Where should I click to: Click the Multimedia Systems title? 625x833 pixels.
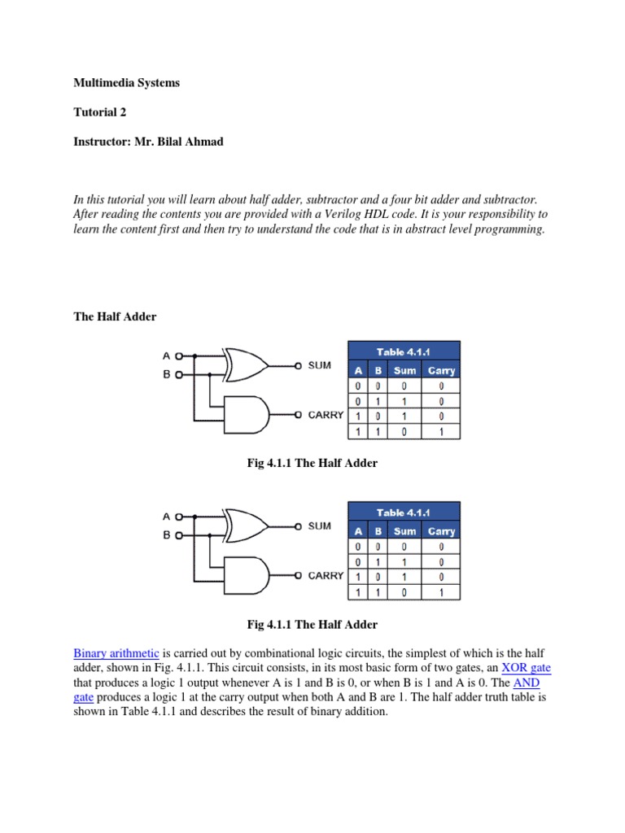(x=126, y=83)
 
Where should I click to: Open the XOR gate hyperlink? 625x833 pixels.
(x=526, y=668)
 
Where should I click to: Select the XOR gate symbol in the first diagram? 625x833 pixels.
(x=246, y=364)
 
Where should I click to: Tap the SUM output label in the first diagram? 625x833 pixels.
(x=320, y=365)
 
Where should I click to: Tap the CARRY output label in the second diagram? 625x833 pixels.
(x=326, y=575)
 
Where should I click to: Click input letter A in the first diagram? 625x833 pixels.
(x=167, y=355)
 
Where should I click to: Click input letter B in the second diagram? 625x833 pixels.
(x=167, y=535)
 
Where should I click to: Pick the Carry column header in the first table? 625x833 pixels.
(x=441, y=370)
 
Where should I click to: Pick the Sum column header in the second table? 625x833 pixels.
(x=404, y=531)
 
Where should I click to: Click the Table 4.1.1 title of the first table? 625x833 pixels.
(x=404, y=351)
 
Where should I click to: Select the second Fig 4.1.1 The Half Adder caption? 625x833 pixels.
(x=312, y=625)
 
